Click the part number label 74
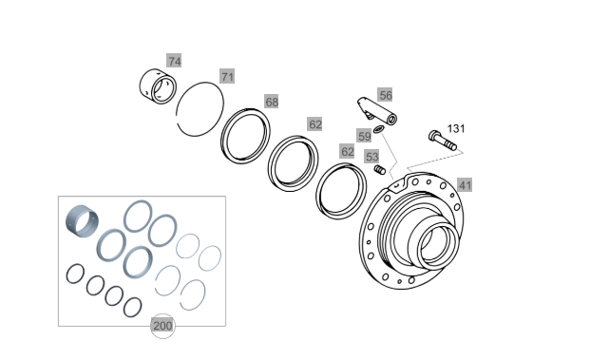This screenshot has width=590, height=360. pyautogui.click(x=174, y=61)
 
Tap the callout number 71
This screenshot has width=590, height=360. pyautogui.click(x=227, y=76)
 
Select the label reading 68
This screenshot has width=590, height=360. pyautogui.click(x=272, y=102)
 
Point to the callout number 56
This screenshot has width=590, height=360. pyautogui.click(x=385, y=95)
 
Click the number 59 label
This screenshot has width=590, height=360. pyautogui.click(x=364, y=136)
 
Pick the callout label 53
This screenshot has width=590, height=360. pyautogui.click(x=371, y=157)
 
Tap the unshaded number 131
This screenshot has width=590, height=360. pyautogui.click(x=456, y=128)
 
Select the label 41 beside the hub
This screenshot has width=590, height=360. pyautogui.click(x=465, y=184)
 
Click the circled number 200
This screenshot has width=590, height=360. pyautogui.click(x=162, y=326)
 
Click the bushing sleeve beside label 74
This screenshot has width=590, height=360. pyautogui.click(x=158, y=86)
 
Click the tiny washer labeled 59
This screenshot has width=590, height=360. pyautogui.click(x=378, y=129)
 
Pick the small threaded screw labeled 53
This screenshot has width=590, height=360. pyautogui.click(x=380, y=170)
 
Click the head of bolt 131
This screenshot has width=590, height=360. pyautogui.click(x=433, y=136)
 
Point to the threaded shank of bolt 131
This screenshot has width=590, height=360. pyautogui.click(x=447, y=143)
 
